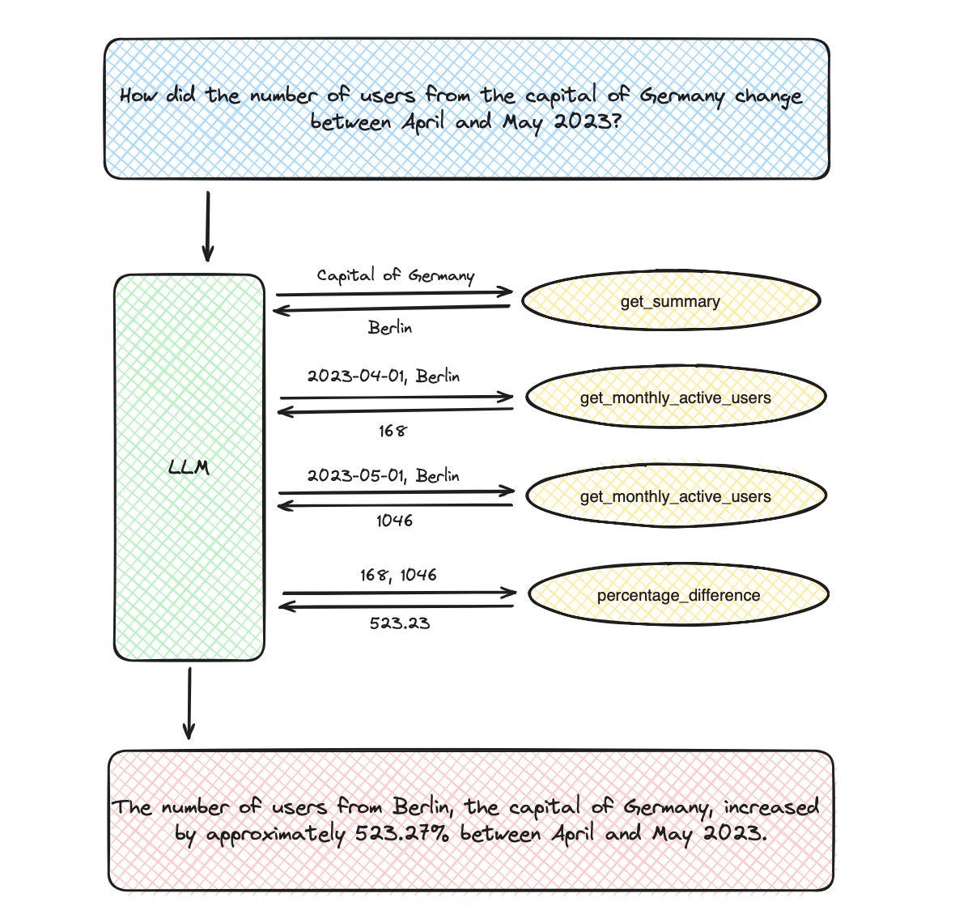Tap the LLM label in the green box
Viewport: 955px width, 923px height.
[x=189, y=467]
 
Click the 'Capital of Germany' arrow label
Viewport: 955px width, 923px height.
[x=395, y=275]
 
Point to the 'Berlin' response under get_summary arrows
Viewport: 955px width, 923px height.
[x=390, y=328]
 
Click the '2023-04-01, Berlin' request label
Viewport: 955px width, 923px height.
[x=383, y=376]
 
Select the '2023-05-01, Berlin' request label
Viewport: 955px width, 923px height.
[x=383, y=475]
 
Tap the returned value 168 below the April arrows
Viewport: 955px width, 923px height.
[x=393, y=431]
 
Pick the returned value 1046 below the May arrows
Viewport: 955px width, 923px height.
[x=394, y=521]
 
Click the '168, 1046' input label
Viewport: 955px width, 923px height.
[x=398, y=575]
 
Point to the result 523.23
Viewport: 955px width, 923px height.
[x=400, y=623]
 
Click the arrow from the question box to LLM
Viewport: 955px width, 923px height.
[x=208, y=227]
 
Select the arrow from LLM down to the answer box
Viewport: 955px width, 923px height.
[x=189, y=703]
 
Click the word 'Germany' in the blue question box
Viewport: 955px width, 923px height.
[x=682, y=96]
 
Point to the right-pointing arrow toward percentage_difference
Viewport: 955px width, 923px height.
[x=400, y=592]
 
